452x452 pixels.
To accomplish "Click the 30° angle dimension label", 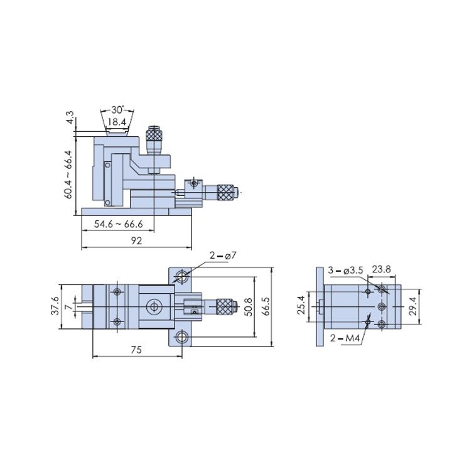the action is pyautogui.click(x=117, y=110).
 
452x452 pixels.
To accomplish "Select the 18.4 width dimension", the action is pyautogui.click(x=117, y=122).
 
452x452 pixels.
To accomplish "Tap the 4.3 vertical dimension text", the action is pyautogui.click(x=70, y=117).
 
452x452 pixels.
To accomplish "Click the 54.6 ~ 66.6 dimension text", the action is pyautogui.click(x=119, y=224).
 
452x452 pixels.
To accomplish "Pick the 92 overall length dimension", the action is pyautogui.click(x=136, y=240).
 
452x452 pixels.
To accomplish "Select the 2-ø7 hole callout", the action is pyautogui.click(x=223, y=256).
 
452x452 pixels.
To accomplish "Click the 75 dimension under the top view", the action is pyautogui.click(x=136, y=350).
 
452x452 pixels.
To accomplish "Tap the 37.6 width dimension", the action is pyautogui.click(x=56, y=306).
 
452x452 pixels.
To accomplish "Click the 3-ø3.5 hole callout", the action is pyautogui.click(x=345, y=271).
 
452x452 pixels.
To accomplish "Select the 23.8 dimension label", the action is pyautogui.click(x=382, y=269).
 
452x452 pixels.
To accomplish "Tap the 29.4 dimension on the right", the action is pyautogui.click(x=413, y=306).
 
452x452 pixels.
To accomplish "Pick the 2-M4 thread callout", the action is pyautogui.click(x=345, y=338).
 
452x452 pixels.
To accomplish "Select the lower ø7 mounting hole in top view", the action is pyautogui.click(x=182, y=336).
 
